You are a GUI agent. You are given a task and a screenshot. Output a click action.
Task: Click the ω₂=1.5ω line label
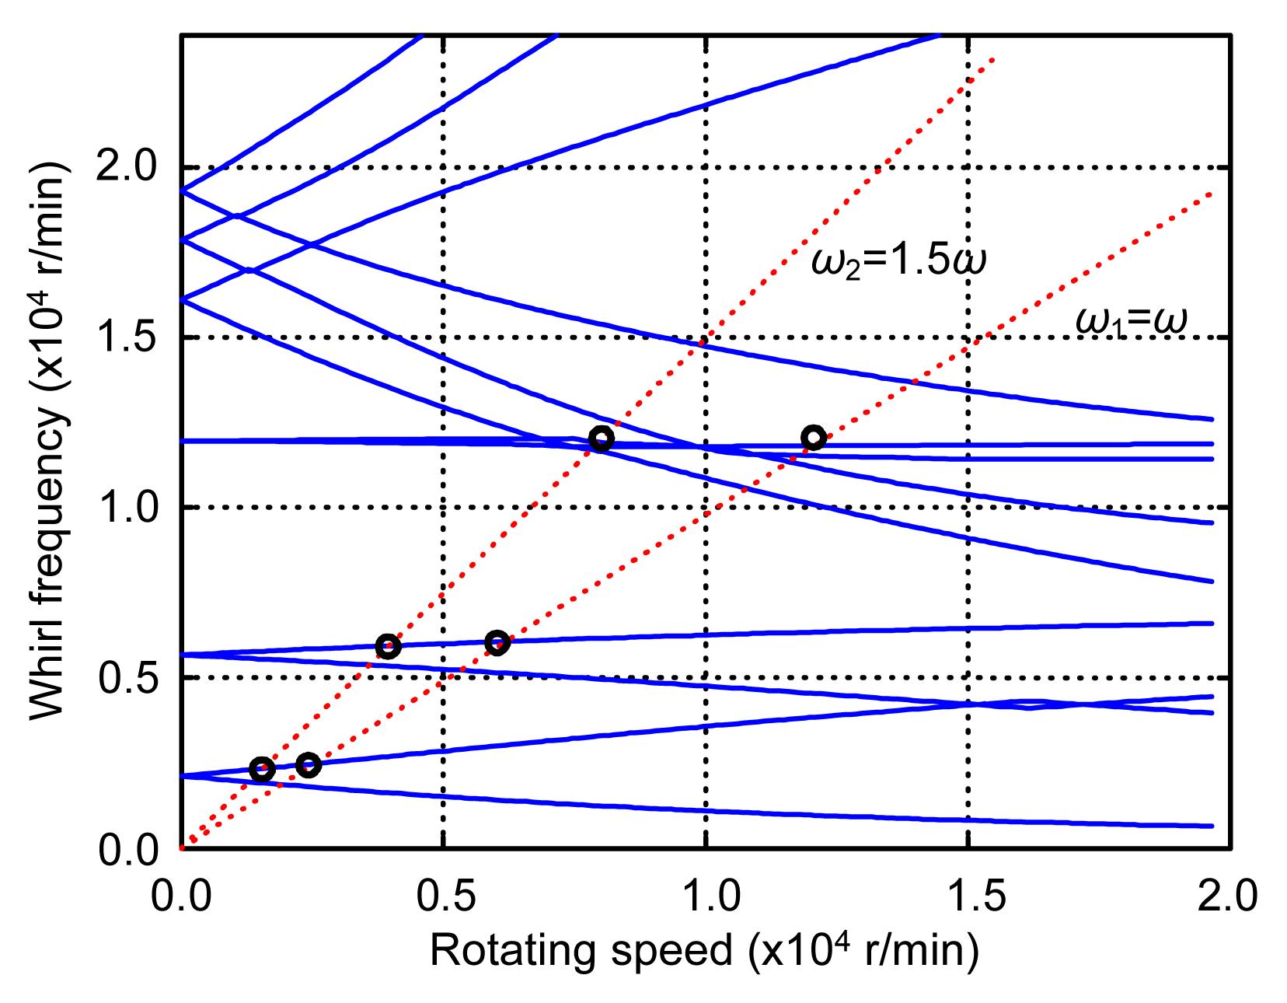[898, 263]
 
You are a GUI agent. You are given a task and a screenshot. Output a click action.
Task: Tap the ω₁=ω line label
[1132, 320]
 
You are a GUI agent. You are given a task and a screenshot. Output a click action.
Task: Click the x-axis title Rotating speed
[703, 951]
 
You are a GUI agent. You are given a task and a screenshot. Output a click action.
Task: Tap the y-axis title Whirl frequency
[48, 442]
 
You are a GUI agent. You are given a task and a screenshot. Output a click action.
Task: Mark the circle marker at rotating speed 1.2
[813, 437]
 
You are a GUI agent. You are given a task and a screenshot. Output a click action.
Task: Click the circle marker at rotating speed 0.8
[601, 439]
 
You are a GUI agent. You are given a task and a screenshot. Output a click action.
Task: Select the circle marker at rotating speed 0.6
[497, 642]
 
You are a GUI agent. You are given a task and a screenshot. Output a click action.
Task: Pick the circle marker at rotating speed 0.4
[388, 646]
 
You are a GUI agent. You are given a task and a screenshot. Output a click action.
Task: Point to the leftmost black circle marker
[262, 769]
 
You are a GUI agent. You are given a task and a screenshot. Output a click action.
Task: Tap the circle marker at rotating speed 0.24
[309, 765]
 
